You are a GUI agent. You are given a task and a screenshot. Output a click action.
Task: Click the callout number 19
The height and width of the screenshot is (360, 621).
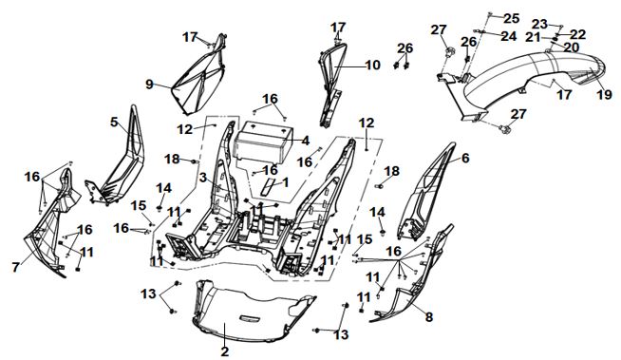(x=605, y=95)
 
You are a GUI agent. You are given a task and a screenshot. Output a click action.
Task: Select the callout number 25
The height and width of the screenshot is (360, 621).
(x=511, y=18)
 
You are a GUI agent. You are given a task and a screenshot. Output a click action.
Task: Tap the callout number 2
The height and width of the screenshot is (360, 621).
(x=224, y=351)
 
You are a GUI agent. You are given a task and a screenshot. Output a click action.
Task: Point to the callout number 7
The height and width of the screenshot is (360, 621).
(x=15, y=267)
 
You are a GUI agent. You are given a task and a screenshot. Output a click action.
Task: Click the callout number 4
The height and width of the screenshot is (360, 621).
(x=305, y=141)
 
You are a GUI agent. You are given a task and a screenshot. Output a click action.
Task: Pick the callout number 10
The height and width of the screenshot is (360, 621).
(x=372, y=65)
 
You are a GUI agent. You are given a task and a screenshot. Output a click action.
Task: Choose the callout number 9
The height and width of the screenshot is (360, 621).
(x=149, y=84)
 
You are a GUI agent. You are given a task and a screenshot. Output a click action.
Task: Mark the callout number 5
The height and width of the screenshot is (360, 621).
(x=114, y=123)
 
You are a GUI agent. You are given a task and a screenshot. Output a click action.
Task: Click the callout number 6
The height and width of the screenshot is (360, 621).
(x=465, y=158)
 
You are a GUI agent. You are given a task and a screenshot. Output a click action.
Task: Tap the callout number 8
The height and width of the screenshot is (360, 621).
(x=429, y=317)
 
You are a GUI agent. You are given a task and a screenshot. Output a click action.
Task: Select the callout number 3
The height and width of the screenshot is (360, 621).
(x=203, y=178)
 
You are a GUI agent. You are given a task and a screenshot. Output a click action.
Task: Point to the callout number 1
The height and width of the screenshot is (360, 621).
(x=285, y=182)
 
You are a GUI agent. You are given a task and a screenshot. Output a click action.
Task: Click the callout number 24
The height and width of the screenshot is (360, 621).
(x=509, y=36)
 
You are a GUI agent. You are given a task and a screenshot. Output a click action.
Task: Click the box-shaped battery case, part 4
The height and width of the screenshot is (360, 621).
(x=263, y=142)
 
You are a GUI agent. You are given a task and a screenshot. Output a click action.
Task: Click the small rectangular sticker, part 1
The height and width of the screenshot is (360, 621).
(x=267, y=186)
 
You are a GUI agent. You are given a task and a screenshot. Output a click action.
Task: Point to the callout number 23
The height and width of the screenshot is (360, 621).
(x=539, y=24)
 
